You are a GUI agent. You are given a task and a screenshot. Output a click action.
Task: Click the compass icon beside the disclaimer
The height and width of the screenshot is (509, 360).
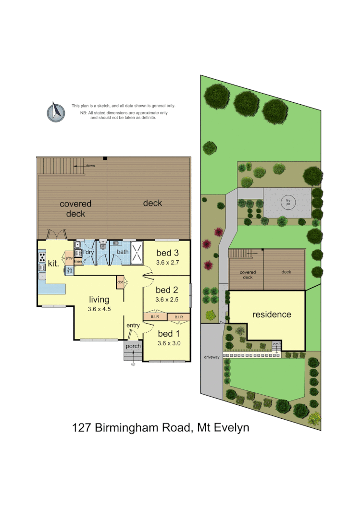click(56, 112)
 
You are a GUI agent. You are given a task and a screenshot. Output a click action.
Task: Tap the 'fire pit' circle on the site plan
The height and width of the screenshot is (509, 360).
click(288, 202)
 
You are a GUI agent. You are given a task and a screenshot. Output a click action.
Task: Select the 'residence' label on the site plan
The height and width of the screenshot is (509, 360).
click(272, 315)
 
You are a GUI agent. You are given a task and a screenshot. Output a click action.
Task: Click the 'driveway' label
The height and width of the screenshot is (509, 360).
click(211, 357)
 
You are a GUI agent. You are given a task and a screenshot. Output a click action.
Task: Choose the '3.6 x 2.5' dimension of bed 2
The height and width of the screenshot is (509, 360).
click(167, 299)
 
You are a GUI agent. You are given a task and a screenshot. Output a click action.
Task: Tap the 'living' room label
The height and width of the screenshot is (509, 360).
click(99, 300)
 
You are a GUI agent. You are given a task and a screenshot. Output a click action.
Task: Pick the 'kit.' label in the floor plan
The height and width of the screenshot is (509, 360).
click(53, 263)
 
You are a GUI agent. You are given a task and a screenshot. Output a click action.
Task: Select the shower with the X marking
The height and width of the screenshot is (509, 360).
click(137, 253)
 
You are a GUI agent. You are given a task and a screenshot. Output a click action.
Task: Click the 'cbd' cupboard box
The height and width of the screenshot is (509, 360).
click(120, 282)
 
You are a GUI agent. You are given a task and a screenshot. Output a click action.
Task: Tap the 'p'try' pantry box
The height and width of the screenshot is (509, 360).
click(69, 258)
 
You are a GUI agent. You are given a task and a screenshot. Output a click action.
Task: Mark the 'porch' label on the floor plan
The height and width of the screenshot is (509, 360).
click(133, 346)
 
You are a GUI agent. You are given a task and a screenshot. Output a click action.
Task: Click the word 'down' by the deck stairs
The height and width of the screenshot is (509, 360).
click(90, 166)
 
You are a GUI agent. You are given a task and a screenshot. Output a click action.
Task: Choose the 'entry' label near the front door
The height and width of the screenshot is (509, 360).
click(133, 326)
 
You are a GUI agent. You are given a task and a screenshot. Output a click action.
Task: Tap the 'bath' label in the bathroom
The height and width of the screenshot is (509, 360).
click(123, 252)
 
